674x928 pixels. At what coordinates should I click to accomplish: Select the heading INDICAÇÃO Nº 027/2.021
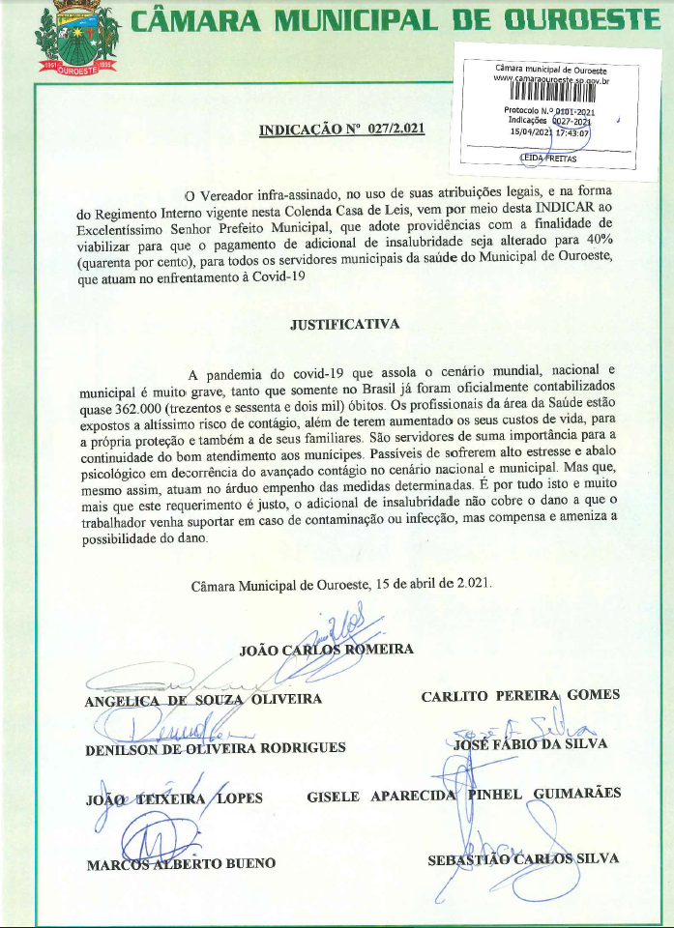pos(342,129)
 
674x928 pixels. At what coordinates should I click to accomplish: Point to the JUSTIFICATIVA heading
pos(344,324)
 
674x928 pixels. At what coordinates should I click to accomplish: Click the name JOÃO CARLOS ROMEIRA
pos(326,649)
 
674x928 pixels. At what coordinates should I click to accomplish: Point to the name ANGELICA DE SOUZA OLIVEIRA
pos(203,699)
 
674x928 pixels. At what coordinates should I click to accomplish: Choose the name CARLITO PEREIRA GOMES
pos(520,695)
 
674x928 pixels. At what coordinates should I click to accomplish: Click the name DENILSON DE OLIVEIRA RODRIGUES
pos(215,748)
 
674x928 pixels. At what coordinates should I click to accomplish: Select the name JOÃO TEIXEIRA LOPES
pos(174,797)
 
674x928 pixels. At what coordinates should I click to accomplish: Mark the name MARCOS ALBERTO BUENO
pos(181,863)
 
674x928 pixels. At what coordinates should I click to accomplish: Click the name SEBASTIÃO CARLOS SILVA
pos(523,858)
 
